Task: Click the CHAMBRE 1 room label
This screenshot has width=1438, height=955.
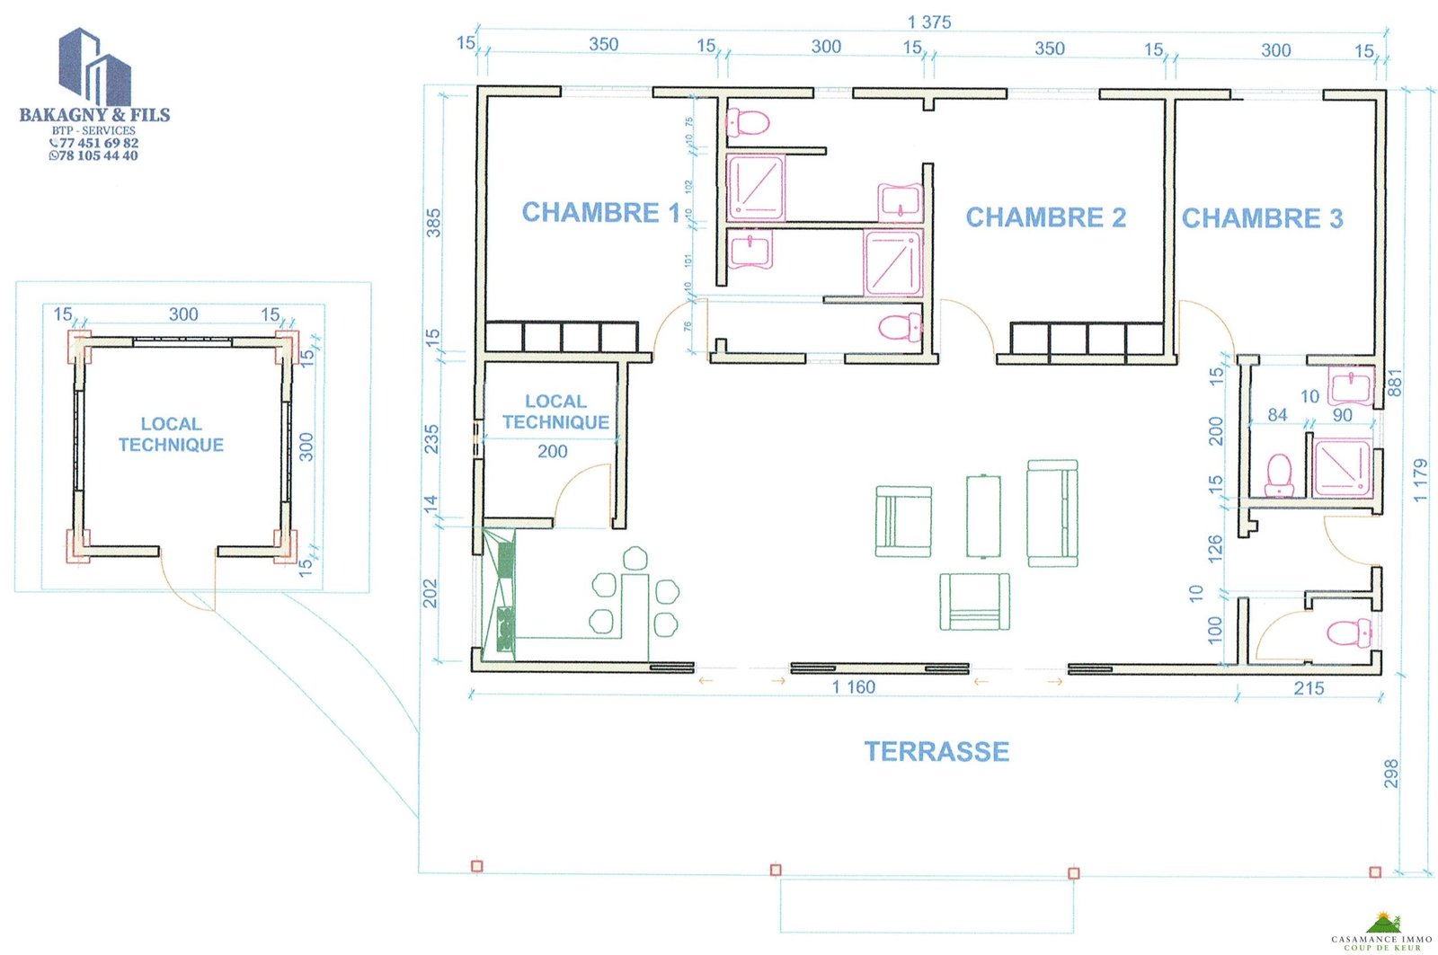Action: click(x=600, y=213)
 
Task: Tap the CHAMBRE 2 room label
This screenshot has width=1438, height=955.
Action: click(x=1045, y=217)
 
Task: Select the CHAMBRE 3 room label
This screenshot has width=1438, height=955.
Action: click(x=1262, y=218)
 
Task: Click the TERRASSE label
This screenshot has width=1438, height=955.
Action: click(x=936, y=752)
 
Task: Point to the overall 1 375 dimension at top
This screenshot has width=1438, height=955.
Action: click(x=929, y=22)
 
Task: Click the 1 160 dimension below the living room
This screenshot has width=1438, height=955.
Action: click(x=853, y=687)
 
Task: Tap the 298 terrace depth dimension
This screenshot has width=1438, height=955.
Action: click(x=1391, y=774)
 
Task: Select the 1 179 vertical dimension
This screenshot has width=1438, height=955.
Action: click(x=1420, y=481)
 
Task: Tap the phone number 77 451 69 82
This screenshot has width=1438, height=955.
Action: click(x=97, y=143)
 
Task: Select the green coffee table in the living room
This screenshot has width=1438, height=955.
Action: click(x=983, y=516)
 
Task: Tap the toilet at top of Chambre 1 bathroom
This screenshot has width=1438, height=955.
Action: click(x=748, y=121)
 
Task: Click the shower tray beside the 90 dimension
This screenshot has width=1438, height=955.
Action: click(x=1343, y=466)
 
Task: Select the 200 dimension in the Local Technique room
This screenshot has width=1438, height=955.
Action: click(x=552, y=452)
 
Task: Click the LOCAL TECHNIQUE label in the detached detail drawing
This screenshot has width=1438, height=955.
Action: click(x=171, y=434)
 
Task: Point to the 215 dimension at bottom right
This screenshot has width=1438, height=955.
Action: click(x=1309, y=689)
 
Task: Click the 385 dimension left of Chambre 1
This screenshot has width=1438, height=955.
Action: click(x=434, y=223)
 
